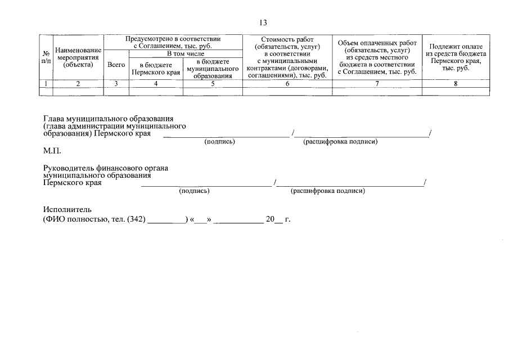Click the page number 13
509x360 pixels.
(x=263, y=23)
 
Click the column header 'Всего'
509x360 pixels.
(x=116, y=65)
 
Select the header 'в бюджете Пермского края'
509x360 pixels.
(x=156, y=69)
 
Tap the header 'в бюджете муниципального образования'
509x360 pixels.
(x=213, y=69)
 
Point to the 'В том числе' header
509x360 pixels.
(x=186, y=53)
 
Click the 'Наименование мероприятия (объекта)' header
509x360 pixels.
(x=78, y=57)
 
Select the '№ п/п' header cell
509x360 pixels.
(x=46, y=57)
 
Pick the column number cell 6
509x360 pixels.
(x=287, y=84)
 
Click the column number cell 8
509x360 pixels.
(x=456, y=84)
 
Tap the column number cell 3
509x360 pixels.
(x=116, y=84)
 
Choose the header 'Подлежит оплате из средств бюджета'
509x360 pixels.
(x=456, y=57)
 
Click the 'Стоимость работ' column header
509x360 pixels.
(x=287, y=57)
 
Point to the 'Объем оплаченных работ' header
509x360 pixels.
(x=377, y=57)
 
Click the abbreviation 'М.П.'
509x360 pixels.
(x=52, y=151)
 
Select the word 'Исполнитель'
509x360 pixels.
(x=66, y=209)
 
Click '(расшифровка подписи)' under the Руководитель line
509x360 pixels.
(x=328, y=191)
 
